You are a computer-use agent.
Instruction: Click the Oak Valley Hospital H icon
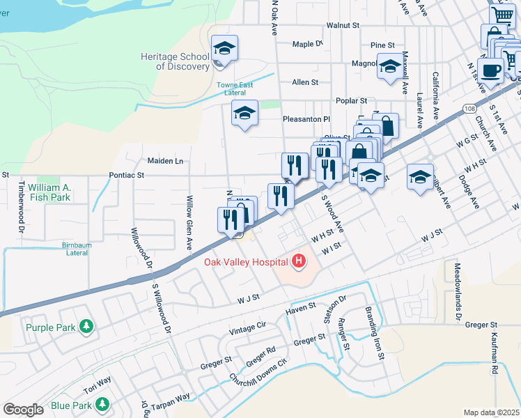[x=299, y=261]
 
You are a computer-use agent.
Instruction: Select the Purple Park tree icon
[x=86, y=326]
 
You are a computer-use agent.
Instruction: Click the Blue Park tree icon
[x=102, y=404]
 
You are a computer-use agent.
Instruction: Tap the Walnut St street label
[x=343, y=25]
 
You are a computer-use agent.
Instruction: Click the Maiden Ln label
[x=165, y=161]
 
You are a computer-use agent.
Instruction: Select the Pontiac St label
[x=126, y=176]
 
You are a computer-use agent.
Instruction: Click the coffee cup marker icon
[x=491, y=70]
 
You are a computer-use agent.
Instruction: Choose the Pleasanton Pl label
[x=306, y=119]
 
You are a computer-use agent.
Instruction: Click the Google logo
[x=23, y=410]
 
